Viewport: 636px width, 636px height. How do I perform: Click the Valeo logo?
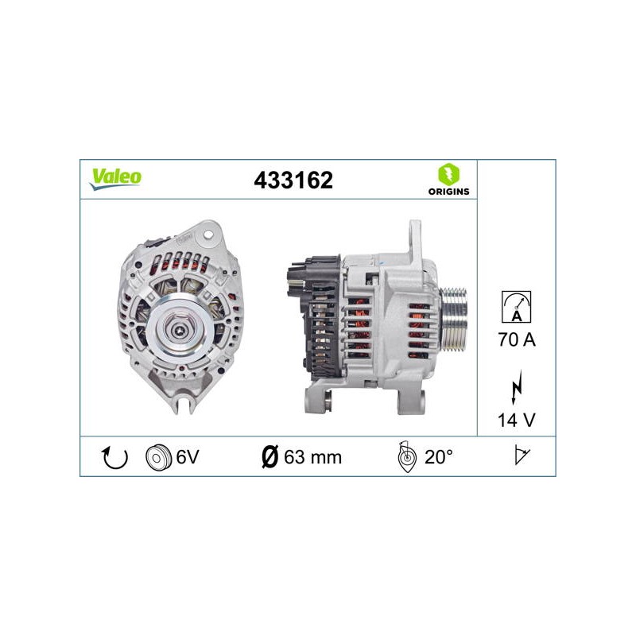(x=115, y=179)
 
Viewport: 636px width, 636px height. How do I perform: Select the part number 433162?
(x=293, y=180)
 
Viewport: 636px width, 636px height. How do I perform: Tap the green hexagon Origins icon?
(x=448, y=174)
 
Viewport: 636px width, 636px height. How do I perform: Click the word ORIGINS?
(x=448, y=192)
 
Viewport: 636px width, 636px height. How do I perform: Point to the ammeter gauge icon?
(x=516, y=307)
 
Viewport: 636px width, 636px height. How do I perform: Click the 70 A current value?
(x=517, y=339)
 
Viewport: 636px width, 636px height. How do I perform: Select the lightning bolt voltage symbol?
(x=517, y=386)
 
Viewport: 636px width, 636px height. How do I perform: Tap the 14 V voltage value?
(x=516, y=421)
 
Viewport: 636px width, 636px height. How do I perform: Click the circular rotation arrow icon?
(x=114, y=457)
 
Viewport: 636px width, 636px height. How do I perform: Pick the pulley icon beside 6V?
(x=157, y=458)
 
